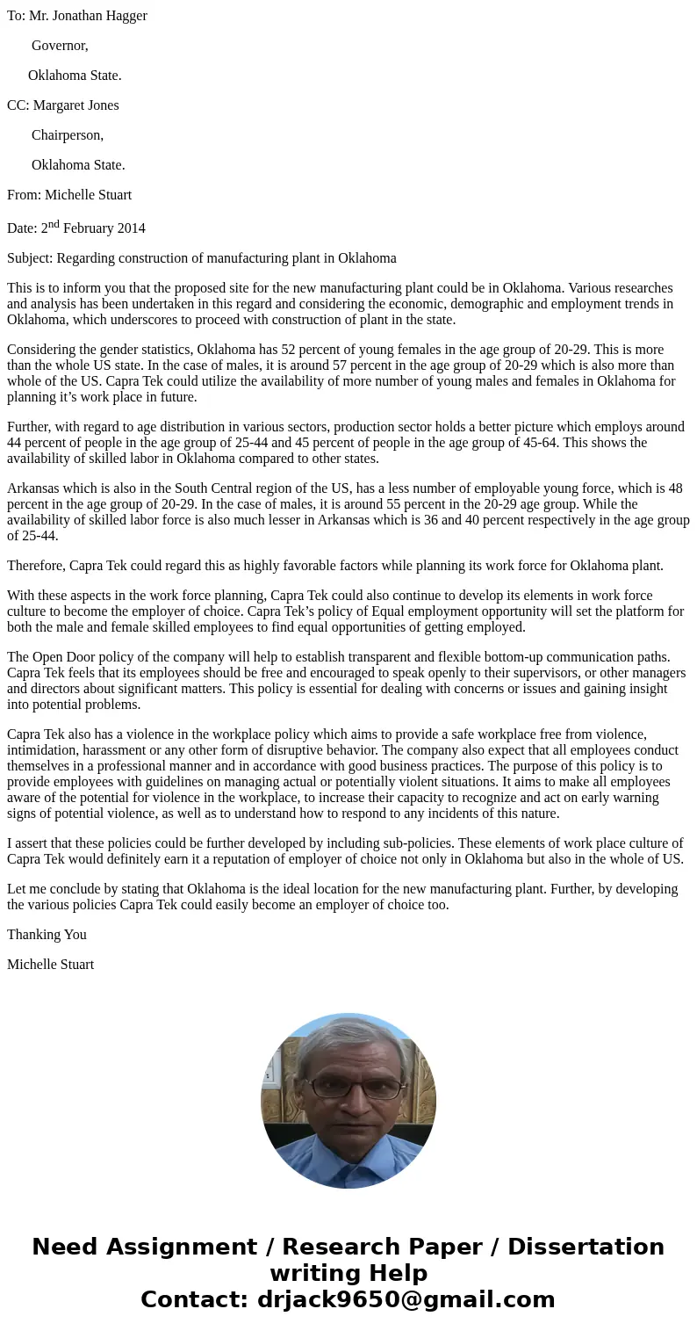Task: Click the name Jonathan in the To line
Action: point(86,16)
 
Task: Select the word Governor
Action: point(59,46)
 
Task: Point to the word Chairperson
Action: point(67,135)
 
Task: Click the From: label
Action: point(24,195)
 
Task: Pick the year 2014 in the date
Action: point(131,228)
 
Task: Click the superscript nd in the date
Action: point(54,224)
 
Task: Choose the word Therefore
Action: point(36,566)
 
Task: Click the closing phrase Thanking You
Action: point(47,935)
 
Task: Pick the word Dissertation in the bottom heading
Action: point(586,1248)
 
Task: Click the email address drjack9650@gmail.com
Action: point(406,1300)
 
